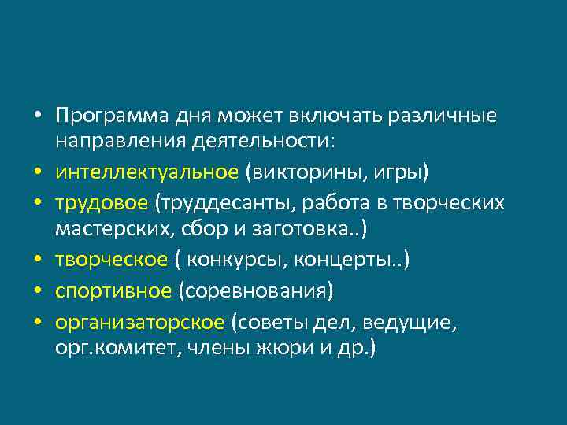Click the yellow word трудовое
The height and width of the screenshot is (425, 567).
coord(102,202)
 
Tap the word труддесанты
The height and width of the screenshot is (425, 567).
coord(224,202)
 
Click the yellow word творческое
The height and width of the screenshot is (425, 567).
coord(111,260)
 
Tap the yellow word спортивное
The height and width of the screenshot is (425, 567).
coord(113,290)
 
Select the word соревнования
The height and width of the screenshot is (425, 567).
coord(256,290)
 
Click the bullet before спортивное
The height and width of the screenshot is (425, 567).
coord(38,290)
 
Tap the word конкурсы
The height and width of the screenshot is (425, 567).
coord(235,260)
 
